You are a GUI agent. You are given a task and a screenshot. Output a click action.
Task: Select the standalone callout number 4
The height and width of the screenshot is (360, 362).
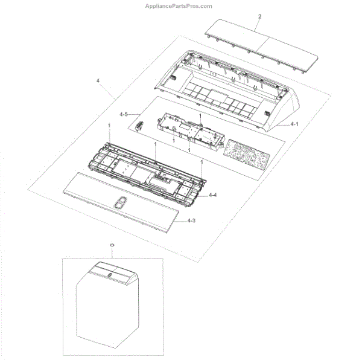pyautogui.click(x=98, y=80)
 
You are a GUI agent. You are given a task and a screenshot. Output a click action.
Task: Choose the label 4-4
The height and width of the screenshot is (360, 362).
pyautogui.click(x=213, y=196)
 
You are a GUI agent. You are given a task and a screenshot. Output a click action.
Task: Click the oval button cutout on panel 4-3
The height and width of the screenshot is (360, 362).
pyautogui.click(x=121, y=203)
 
